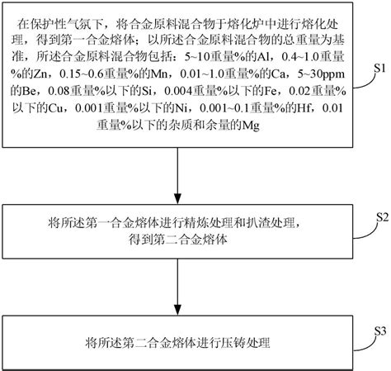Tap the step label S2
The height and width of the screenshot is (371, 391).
pos(381,217)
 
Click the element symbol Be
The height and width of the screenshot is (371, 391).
pos(34,91)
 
